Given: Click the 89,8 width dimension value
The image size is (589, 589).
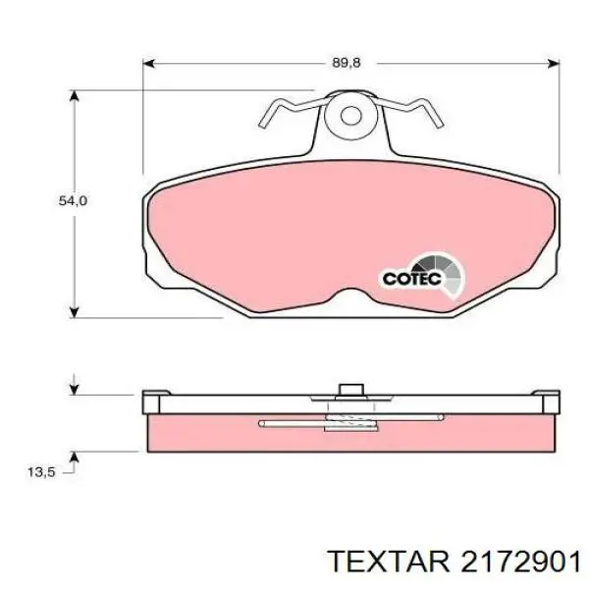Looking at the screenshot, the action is point(346,63).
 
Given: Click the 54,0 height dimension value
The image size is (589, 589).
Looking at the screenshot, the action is point(73,201).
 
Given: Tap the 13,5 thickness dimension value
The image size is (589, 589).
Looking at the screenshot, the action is point(41,472).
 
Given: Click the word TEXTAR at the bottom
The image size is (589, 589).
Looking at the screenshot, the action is point(389,562).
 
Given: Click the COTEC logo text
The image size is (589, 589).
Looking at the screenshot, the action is point(412,279).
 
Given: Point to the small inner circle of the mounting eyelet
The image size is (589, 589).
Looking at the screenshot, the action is point(350,115).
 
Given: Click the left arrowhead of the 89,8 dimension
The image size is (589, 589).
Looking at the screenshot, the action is point(149,64).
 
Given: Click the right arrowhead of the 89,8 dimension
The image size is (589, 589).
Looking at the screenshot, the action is point(554,64).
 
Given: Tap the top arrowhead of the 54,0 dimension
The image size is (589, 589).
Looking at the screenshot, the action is point(75,96).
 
